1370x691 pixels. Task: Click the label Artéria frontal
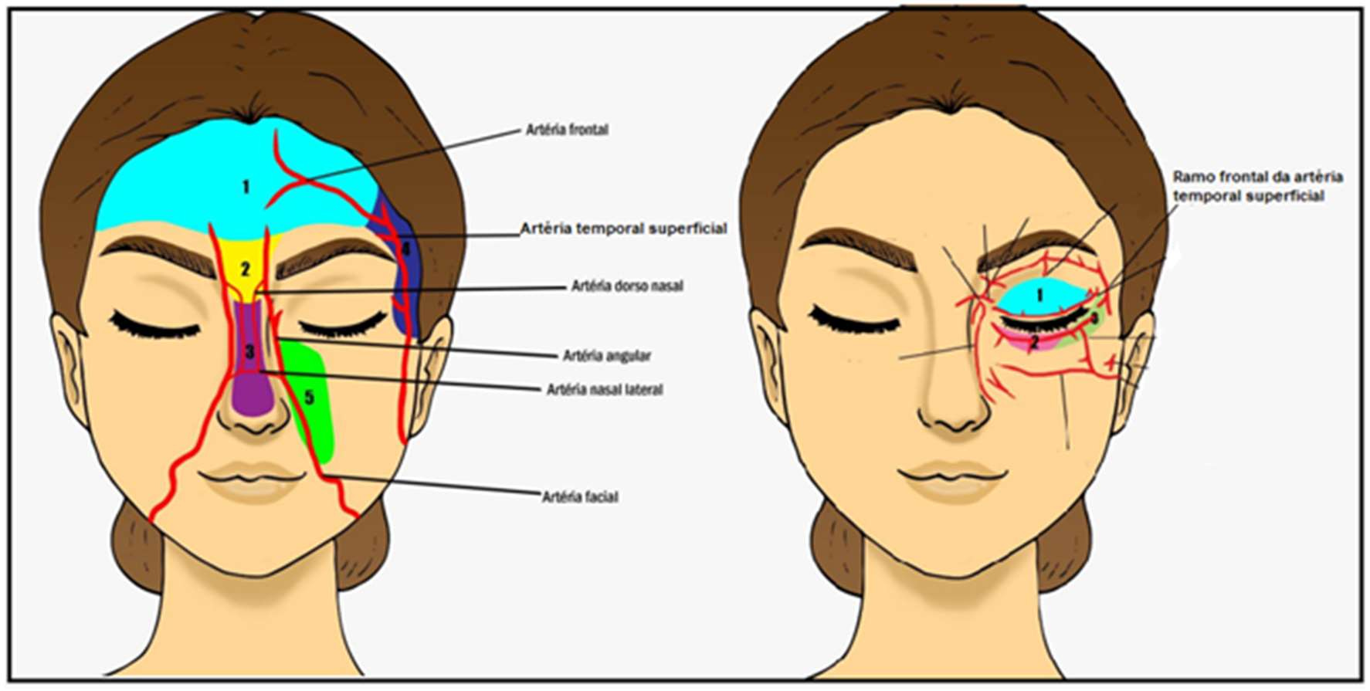click(x=567, y=130)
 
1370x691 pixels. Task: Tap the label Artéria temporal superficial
click(x=623, y=229)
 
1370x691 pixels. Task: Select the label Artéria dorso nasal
click(x=627, y=286)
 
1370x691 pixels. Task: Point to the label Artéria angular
click(x=607, y=356)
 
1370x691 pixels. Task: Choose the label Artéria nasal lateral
click(x=605, y=390)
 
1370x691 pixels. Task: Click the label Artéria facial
click(x=580, y=497)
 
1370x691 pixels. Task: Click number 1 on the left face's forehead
click(x=246, y=187)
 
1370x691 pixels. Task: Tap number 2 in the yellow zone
click(x=246, y=269)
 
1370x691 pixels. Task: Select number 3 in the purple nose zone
click(x=249, y=352)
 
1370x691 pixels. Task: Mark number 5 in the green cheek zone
click(x=309, y=398)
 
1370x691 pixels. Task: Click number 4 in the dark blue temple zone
click(x=405, y=249)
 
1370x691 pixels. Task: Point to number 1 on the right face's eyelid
click(x=1039, y=296)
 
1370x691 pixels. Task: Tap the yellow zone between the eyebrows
click(x=246, y=255)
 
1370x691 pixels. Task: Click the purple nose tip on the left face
click(x=253, y=398)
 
